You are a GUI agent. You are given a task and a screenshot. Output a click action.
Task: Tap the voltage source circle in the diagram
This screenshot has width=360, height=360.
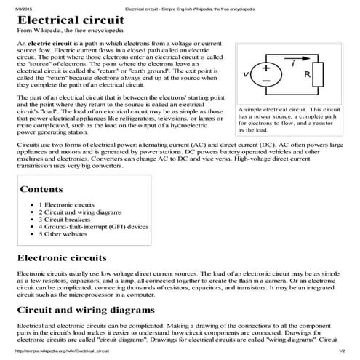pos(267,73)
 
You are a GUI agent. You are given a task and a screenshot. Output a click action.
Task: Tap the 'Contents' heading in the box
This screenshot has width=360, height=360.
pos(41,188)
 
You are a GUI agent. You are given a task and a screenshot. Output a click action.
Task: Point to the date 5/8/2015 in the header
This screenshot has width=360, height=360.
pos(12,5)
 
